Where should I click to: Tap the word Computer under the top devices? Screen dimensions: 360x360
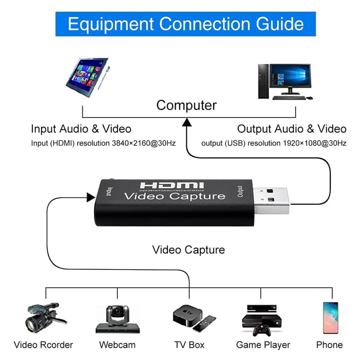click(x=186, y=105)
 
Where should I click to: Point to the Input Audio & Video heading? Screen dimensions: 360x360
click(x=81, y=129)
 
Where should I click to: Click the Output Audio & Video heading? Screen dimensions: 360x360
click(x=292, y=129)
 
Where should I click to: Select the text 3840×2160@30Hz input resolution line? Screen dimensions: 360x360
click(x=103, y=143)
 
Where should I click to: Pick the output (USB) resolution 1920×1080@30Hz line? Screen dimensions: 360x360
click(x=274, y=143)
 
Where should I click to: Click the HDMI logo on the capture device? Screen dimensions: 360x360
click(x=172, y=185)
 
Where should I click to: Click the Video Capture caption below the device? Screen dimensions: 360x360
click(x=189, y=249)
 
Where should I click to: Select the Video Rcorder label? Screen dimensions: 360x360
click(x=43, y=345)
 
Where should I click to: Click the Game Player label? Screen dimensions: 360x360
click(x=263, y=345)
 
